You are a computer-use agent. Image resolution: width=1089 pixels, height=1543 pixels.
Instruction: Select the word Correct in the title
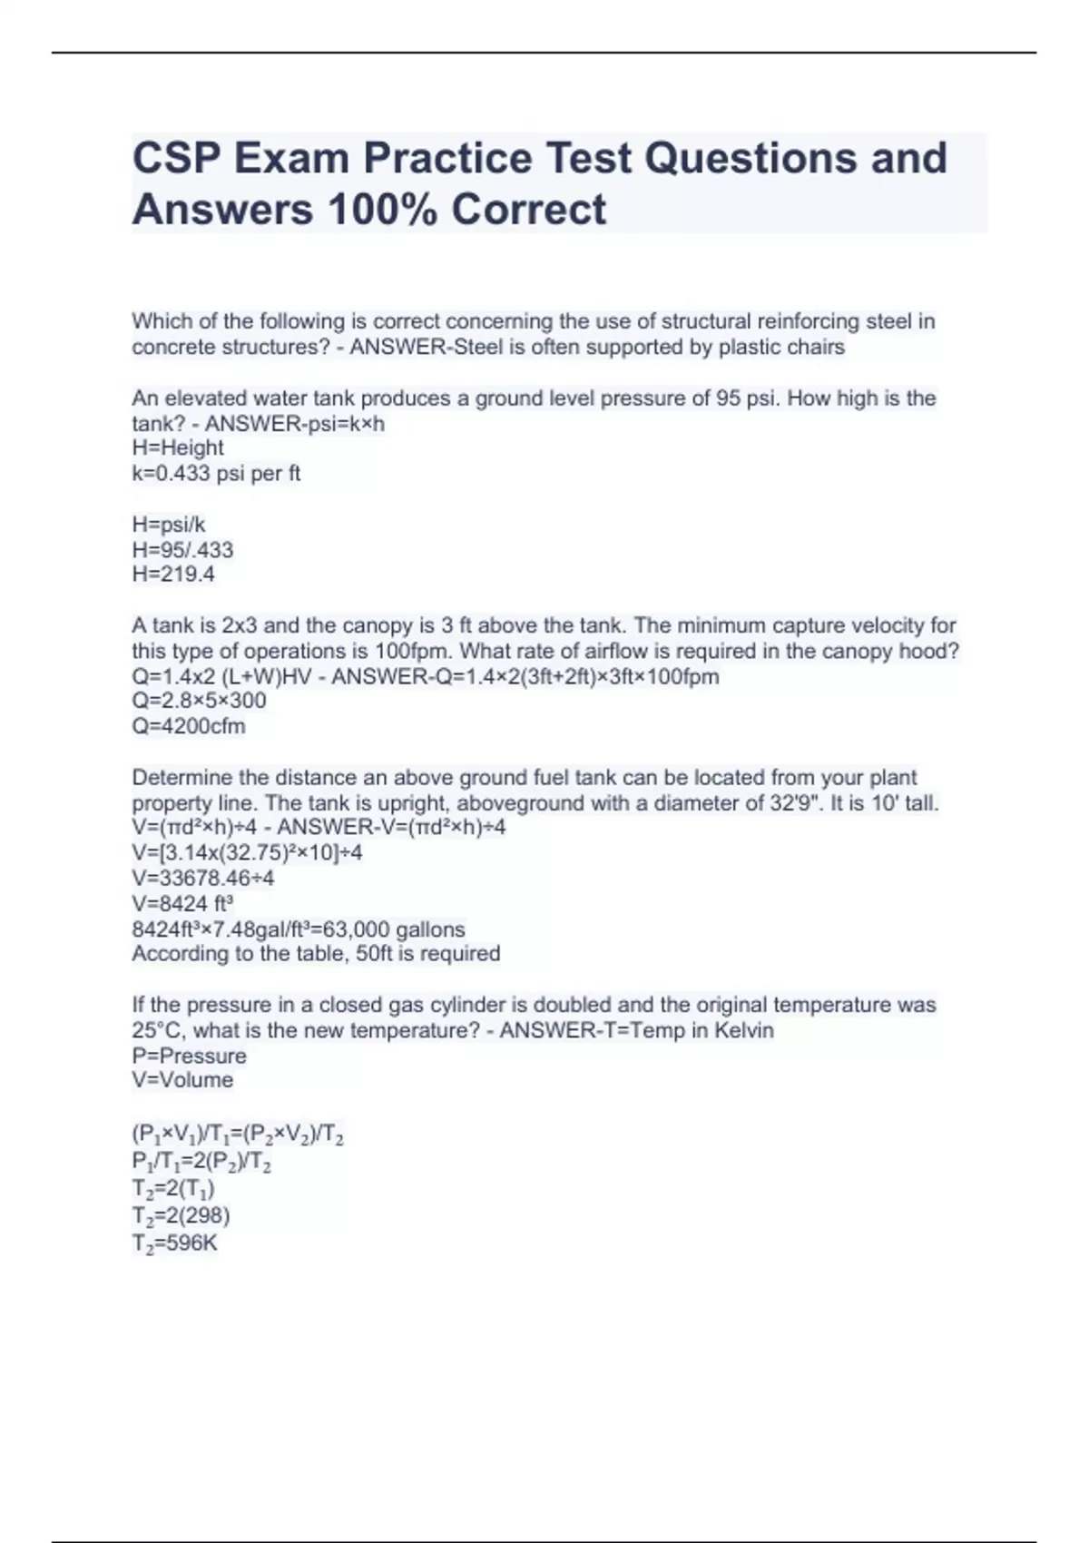[528, 210]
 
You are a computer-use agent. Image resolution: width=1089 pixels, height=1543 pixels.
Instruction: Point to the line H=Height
[178, 448]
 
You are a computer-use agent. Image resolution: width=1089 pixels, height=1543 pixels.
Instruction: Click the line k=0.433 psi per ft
[216, 474]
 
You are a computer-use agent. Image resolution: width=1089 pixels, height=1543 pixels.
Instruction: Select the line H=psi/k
[169, 525]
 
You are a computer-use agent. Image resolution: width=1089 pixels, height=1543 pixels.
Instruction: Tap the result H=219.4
[173, 575]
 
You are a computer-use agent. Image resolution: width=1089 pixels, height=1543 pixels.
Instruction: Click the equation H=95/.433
[182, 550]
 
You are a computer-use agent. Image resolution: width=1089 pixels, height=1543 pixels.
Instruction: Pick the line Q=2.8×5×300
[199, 702]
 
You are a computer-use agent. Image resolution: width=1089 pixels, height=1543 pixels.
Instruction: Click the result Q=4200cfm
[189, 726]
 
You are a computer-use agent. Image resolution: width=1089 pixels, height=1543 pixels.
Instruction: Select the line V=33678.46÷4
[203, 879]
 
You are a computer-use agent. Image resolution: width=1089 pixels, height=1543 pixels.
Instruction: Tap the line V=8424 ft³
[182, 904]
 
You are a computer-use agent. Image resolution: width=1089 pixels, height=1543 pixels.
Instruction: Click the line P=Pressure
[189, 1057]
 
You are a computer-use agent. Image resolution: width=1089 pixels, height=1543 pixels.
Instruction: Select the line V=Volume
[182, 1080]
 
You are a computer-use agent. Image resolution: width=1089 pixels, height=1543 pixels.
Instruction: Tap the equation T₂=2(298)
[181, 1216]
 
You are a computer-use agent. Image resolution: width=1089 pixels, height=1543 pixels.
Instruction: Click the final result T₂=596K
[174, 1243]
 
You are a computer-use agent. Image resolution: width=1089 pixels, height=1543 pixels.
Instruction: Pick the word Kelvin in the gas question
[743, 1031]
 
